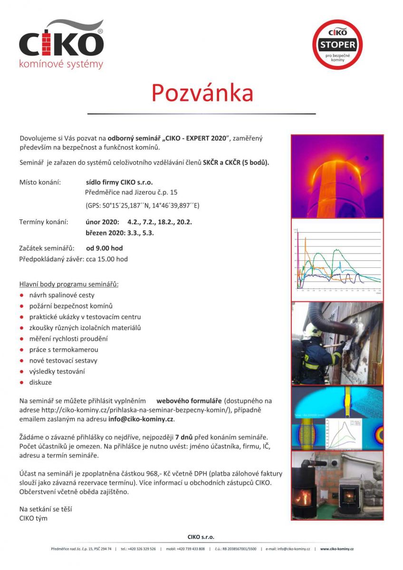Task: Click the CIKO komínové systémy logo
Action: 61,45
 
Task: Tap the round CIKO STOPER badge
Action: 337,45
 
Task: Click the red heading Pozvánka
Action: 202,93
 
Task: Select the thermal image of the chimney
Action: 337,175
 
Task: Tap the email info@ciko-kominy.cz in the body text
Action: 141,419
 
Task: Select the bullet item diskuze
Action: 40,382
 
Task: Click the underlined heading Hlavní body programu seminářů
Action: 68,284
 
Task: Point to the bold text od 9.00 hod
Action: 105,248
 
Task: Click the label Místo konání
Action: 40,182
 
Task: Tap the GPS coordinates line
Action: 142,205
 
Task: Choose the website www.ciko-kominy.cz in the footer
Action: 336,549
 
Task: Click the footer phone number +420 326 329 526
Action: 138,549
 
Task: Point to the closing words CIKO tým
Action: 33,518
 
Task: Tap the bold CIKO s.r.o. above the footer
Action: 201,537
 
